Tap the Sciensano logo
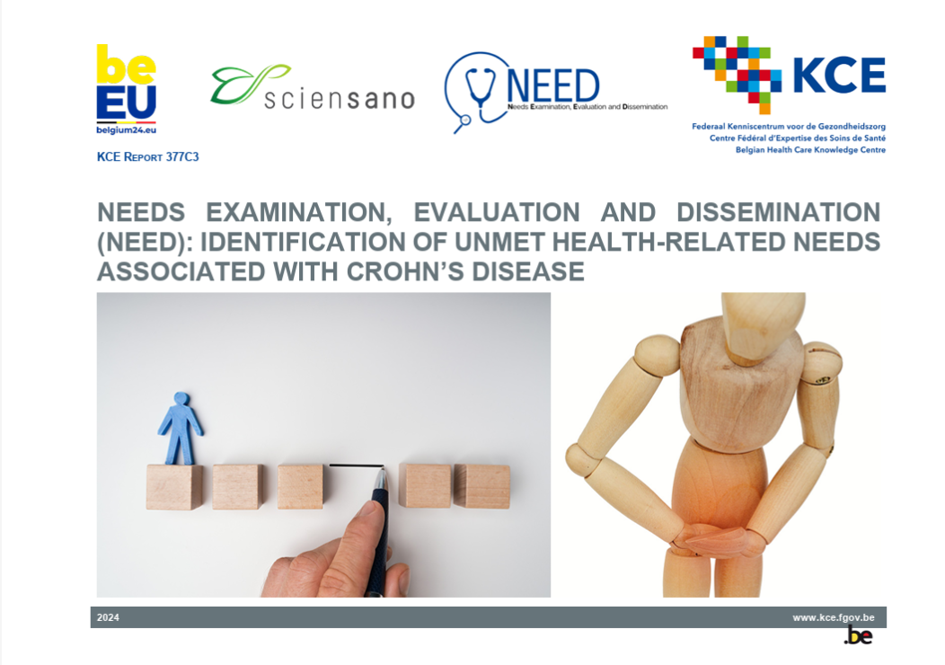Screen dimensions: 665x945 click(x=313, y=90)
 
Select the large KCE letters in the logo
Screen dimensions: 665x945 click(x=838, y=75)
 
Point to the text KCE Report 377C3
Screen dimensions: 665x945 click(x=147, y=157)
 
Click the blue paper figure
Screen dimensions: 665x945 click(x=181, y=427)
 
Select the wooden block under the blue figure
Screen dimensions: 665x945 click(x=174, y=486)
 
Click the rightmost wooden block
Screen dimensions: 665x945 click(x=481, y=485)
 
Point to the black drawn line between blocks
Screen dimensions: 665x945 click(x=356, y=465)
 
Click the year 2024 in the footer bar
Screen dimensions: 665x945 click(x=108, y=617)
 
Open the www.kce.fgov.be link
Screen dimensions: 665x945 click(x=834, y=617)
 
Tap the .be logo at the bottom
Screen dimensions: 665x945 click(x=858, y=636)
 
